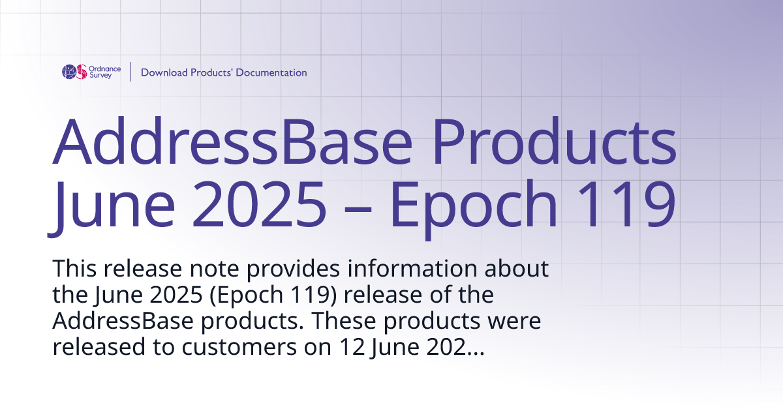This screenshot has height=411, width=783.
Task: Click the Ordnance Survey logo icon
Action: click(x=74, y=72)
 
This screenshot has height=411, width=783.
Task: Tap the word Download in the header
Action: click(x=164, y=72)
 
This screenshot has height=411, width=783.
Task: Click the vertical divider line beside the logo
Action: click(x=131, y=72)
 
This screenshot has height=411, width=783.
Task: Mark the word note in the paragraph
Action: click(x=205, y=268)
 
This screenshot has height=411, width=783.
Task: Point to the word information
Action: click(x=412, y=268)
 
